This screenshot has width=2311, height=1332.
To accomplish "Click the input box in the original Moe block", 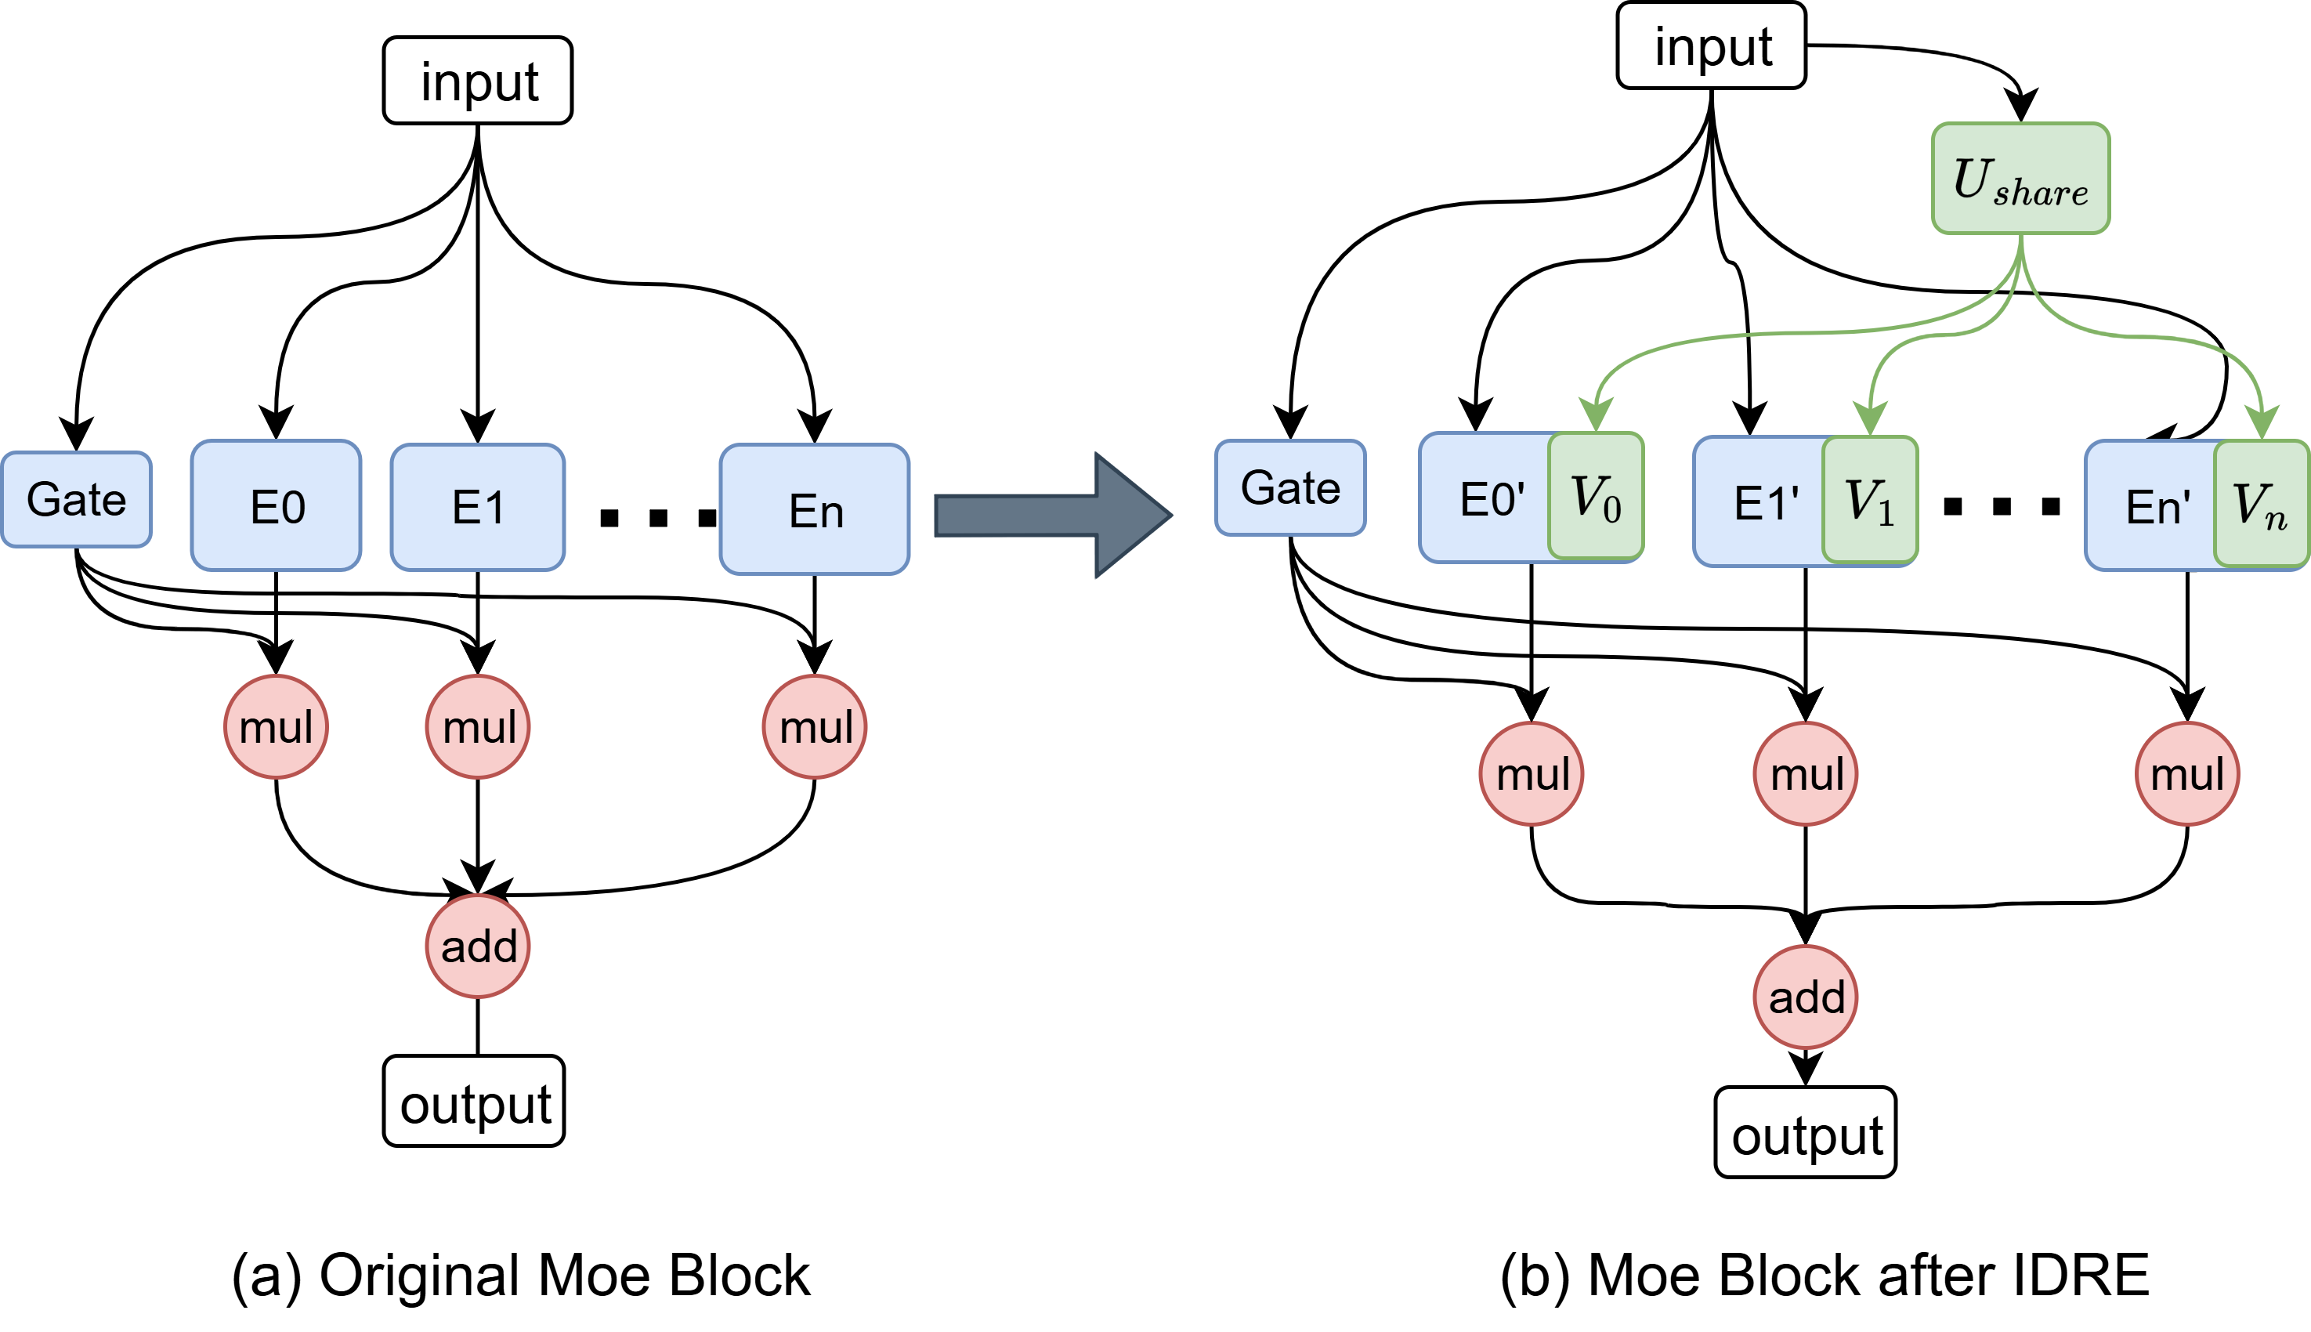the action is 477,81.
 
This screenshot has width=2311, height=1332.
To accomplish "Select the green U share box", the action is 2020,179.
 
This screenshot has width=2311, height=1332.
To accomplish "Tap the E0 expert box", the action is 277,505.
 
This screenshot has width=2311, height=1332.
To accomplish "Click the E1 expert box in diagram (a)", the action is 477,507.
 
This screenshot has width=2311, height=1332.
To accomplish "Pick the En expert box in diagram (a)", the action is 814,509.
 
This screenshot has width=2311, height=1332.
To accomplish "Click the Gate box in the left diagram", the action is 77,500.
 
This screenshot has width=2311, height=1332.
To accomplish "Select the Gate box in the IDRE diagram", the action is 1289,487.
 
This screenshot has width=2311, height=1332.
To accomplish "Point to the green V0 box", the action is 1596,496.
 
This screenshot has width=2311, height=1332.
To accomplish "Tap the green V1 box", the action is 1869,500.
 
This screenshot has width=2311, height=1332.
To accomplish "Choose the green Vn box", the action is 2261,504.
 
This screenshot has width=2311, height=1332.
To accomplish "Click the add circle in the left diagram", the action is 477,946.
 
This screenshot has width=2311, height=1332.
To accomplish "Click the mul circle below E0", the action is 277,727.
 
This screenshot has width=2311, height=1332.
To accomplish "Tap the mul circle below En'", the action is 2186,774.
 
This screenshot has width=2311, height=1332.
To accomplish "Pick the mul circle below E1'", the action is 1805,774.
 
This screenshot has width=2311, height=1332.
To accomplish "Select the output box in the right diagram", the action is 1805,1132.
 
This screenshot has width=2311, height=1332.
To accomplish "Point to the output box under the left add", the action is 474,1102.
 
